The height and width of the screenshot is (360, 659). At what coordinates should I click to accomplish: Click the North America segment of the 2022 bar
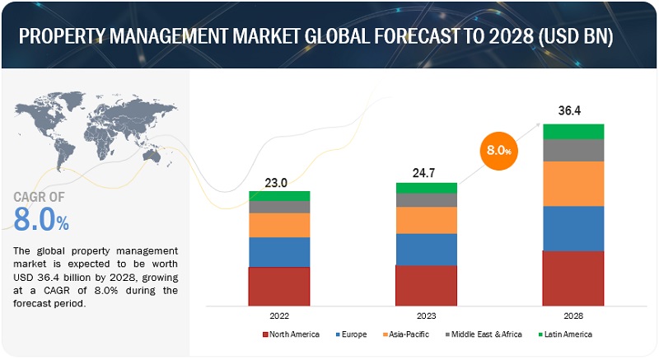pyautogui.click(x=279, y=285)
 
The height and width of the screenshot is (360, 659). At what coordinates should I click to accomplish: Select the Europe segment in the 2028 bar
pyautogui.click(x=573, y=228)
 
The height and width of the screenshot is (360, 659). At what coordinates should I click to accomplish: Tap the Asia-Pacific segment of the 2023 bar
pyautogui.click(x=426, y=220)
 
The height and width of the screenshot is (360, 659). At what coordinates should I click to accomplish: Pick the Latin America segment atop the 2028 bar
pyautogui.click(x=573, y=132)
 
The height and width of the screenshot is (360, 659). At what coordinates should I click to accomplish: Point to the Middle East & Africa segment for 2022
pyautogui.click(x=279, y=208)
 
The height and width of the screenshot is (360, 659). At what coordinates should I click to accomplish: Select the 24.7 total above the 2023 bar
pyautogui.click(x=426, y=174)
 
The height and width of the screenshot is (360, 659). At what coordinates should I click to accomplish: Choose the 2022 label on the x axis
pyautogui.click(x=279, y=316)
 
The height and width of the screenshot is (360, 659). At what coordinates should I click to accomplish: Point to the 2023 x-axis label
pyautogui.click(x=426, y=316)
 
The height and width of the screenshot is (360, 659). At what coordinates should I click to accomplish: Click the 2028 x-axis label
pyautogui.click(x=573, y=316)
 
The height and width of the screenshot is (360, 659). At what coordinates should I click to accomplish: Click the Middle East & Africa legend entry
pyautogui.click(x=486, y=334)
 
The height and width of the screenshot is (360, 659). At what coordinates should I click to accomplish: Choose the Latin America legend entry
pyautogui.click(x=567, y=334)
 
